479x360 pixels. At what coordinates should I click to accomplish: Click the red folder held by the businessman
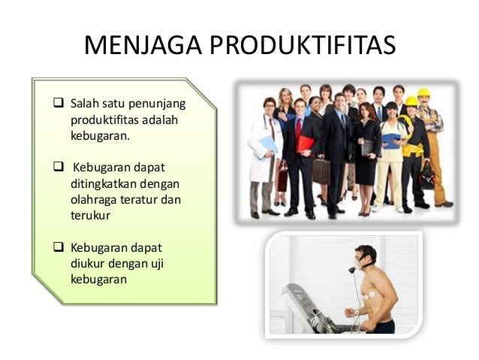(x=305, y=143)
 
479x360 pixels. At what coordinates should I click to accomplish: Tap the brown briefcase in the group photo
(x=321, y=171)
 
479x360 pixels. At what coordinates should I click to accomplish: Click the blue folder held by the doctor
(x=267, y=144)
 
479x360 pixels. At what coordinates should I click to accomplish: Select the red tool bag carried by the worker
(x=426, y=174)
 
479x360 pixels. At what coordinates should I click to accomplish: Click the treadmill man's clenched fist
(x=348, y=311)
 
